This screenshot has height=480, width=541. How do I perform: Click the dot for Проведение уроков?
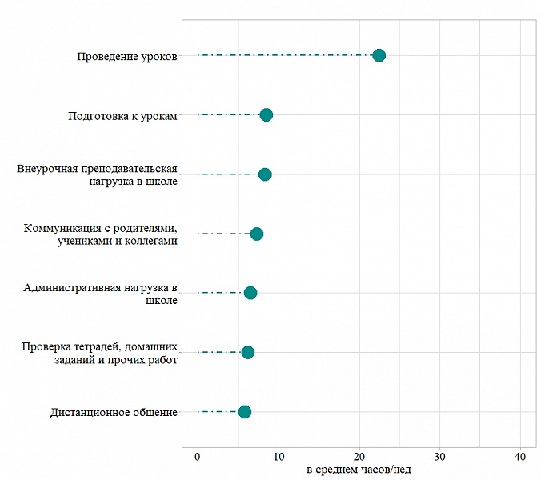[x=379, y=55]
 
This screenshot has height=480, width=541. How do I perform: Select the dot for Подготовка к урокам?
[x=266, y=115]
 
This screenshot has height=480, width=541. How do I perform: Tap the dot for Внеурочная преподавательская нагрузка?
[x=265, y=174]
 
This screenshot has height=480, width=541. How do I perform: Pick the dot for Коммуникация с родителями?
[x=257, y=234]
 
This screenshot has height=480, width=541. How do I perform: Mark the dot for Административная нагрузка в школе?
[x=250, y=293]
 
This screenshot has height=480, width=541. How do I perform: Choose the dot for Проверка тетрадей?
[x=248, y=352]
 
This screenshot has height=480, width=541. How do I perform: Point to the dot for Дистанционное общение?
[x=245, y=412]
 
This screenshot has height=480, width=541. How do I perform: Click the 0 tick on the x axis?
[x=198, y=456]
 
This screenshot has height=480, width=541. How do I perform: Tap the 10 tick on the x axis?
[x=279, y=456]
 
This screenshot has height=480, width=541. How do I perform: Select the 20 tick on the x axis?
[x=359, y=456]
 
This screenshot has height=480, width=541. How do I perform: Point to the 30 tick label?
[x=439, y=456]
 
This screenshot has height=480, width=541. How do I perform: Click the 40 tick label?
[x=520, y=456]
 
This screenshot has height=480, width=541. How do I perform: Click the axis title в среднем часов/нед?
[x=359, y=470]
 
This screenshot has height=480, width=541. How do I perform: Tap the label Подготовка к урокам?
[x=122, y=115]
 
